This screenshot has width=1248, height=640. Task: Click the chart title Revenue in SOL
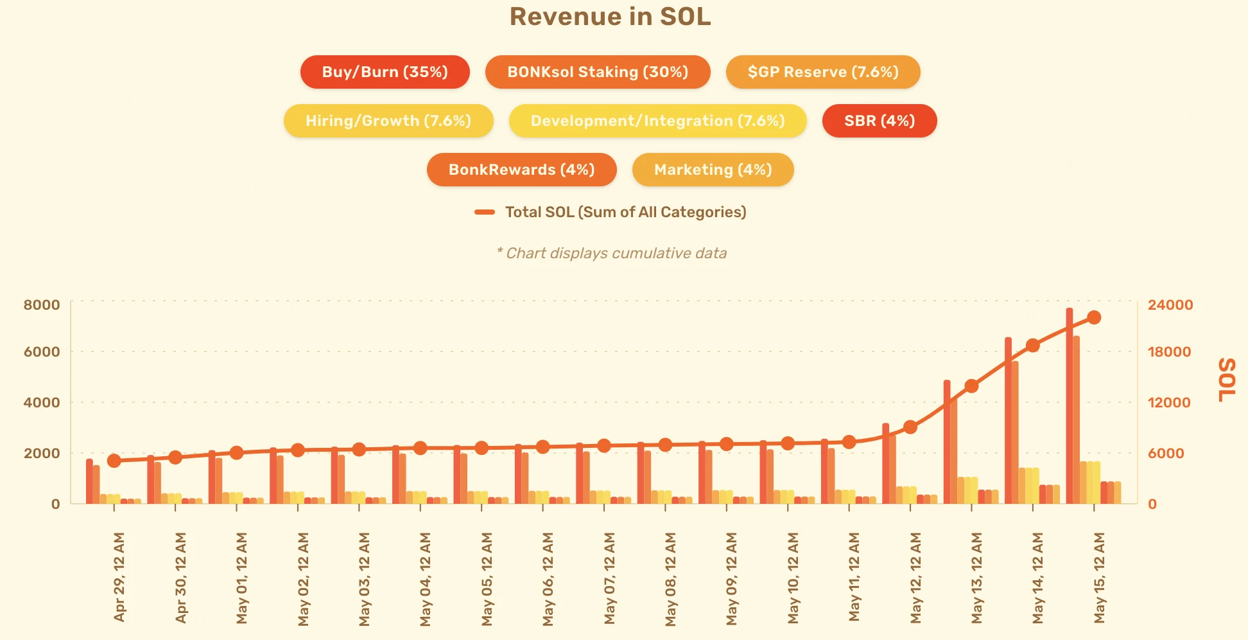610,17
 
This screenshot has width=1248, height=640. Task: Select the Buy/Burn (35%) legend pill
385,72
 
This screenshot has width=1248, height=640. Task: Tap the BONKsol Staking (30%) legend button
597,72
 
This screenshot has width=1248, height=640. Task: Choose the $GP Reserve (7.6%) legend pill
822,72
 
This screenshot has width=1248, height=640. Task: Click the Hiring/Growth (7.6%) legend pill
388,121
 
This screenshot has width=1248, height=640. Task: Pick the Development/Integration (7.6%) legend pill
657,121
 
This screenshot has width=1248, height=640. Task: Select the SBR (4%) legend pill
879,121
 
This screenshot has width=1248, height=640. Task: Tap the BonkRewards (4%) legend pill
521,170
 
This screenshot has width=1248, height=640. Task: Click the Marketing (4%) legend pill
713,170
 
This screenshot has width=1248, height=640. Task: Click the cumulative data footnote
612,253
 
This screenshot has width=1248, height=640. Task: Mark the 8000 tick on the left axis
42,305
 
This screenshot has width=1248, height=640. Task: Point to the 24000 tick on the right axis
1170,305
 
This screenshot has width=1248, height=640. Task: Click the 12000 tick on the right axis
1168,402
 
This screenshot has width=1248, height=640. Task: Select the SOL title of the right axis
1226,380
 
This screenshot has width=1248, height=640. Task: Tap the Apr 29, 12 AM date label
119,576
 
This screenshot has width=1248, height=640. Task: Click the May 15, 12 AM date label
1099,576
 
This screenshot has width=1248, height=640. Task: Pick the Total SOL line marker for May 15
1094,317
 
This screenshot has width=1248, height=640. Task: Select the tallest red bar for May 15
1070,405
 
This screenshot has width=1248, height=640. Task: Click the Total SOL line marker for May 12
910,427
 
